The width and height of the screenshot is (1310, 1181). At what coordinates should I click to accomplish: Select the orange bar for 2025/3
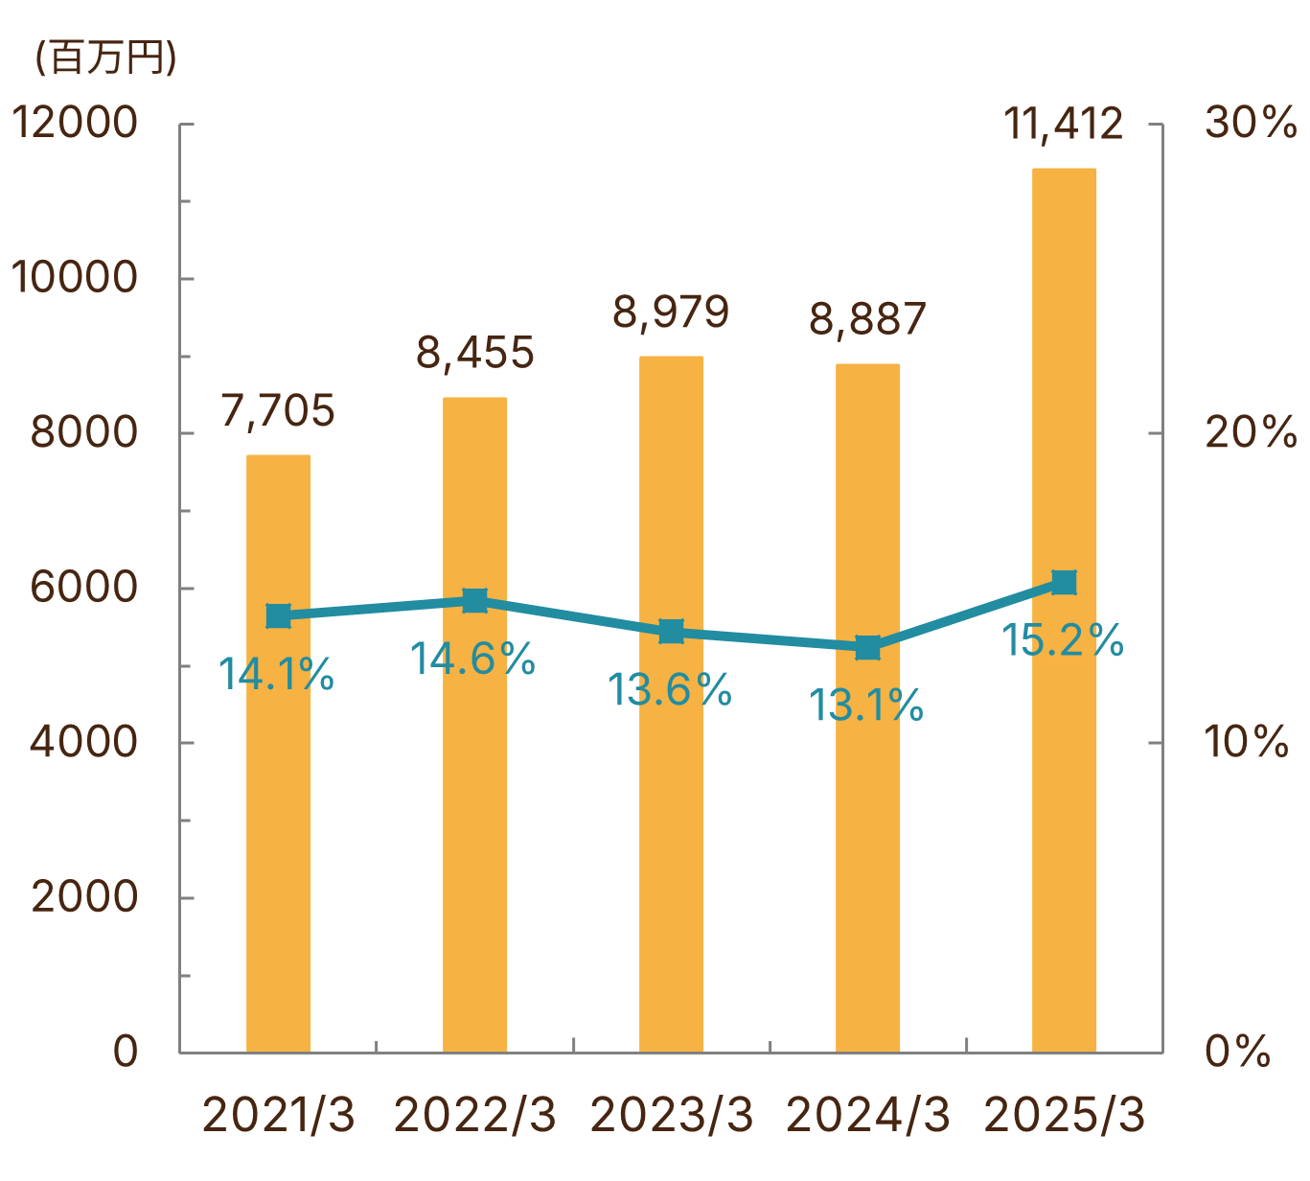1064,815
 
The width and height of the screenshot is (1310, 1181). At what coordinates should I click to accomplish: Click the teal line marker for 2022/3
474,601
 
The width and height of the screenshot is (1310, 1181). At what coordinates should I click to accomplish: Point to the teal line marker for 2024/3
867,648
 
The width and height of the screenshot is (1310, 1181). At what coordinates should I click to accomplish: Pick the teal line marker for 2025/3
1064,583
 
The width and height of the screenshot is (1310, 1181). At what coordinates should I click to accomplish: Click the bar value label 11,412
1064,125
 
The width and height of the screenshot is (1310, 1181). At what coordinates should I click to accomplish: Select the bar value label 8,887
867,319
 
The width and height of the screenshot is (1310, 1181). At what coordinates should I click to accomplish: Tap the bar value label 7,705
278,411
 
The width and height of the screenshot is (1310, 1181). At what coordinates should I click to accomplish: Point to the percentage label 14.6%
472,660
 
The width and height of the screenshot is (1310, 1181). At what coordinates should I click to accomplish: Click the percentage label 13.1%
866,706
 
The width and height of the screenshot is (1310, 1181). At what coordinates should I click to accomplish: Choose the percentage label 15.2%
1063,640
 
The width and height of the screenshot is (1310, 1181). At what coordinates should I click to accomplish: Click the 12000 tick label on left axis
75,124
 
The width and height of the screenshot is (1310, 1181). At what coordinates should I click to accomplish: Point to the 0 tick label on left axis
126,1052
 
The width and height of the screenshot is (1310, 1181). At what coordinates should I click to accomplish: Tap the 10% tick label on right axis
1246,742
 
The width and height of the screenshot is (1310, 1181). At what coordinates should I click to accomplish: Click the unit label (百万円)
105,58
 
